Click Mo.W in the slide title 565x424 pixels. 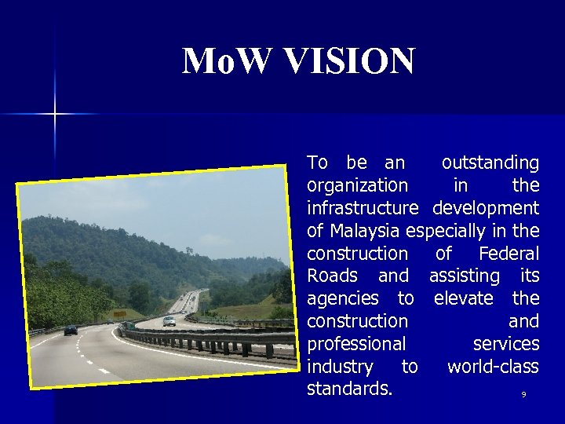tap(220, 61)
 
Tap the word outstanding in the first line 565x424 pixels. tap(490, 163)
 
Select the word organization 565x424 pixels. tap(357, 186)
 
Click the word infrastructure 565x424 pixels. tap(363, 208)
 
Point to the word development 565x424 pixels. tap(485, 208)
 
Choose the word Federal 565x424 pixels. tap(508, 254)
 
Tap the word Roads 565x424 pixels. tap(332, 276)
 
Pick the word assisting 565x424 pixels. tap(464, 276)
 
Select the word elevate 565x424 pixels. tap(463, 298)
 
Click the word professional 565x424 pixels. tap(356, 344)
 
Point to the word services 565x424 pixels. tap(505, 344)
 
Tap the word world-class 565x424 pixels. tap(493, 367)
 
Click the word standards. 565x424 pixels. tap(349, 389)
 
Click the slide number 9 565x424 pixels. tap(523, 395)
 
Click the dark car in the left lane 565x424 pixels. tap(71, 330)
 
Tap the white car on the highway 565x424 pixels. tap(169, 320)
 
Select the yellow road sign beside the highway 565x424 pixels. tap(119, 314)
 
